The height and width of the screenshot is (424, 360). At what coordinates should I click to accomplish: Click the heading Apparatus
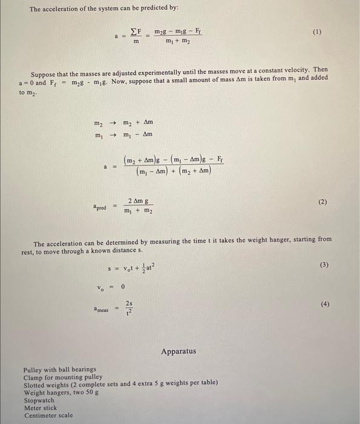pyautogui.click(x=178, y=351)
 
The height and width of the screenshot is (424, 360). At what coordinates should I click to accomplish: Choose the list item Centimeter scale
pyautogui.click(x=48, y=415)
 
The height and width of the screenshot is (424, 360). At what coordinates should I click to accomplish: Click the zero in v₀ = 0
pyautogui.click(x=122, y=286)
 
